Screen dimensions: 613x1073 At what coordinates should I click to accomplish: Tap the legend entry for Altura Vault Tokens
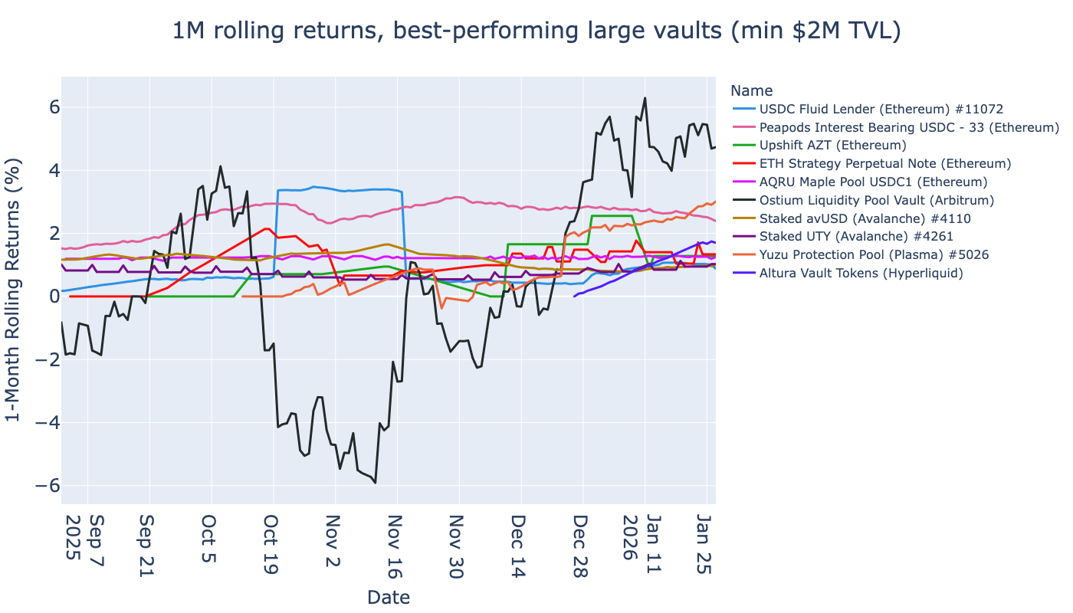[861, 273]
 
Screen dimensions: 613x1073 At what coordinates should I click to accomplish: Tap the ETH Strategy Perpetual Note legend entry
[884, 164]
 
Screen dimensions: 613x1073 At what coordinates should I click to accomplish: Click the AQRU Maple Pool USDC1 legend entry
[872, 182]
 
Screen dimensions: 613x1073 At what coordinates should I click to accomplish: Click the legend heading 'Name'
[751, 90]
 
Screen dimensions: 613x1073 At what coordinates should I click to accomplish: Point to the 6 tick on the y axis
[45, 107]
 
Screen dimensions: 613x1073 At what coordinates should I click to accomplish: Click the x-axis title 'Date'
[389, 598]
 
